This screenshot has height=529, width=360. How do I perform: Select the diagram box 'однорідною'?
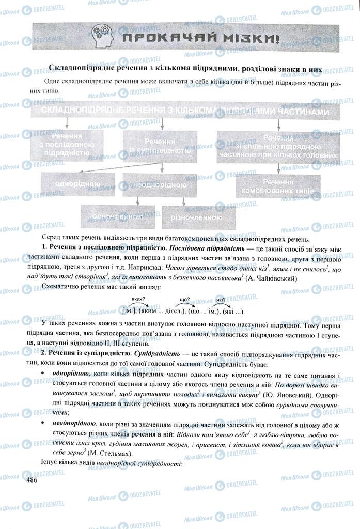[77, 184]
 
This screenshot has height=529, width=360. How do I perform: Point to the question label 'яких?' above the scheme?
[138, 299]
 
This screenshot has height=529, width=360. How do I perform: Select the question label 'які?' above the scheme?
[221, 299]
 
